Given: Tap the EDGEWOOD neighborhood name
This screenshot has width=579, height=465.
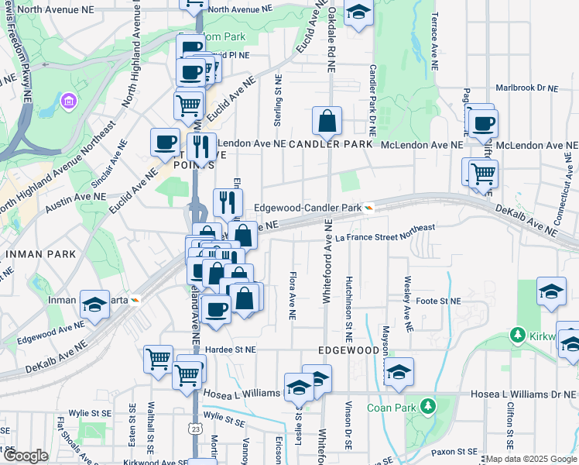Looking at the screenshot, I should (348, 350).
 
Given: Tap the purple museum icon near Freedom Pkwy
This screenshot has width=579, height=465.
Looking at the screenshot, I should (69, 102).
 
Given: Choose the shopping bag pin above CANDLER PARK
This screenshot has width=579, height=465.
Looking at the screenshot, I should (327, 122).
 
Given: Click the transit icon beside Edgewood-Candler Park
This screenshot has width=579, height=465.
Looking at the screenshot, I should (370, 208).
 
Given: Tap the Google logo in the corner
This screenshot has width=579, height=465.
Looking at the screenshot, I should (26, 456).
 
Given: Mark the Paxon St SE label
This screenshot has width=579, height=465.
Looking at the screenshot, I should (456, 451).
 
